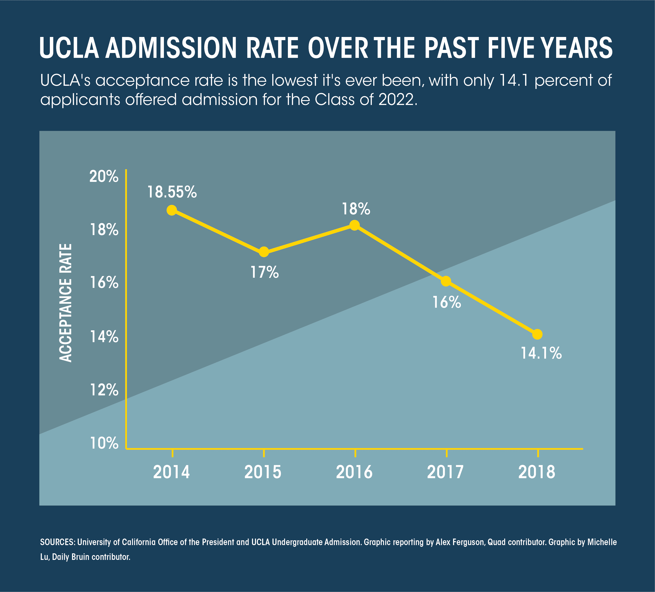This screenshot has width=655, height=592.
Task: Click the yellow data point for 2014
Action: (172, 210)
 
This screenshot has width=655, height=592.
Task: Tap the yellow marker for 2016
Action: (355, 225)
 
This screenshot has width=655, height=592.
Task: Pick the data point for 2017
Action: (446, 281)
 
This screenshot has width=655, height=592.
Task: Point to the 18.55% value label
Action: (172, 192)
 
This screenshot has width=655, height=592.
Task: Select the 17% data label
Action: (264, 272)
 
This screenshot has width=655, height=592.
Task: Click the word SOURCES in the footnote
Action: (57, 542)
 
